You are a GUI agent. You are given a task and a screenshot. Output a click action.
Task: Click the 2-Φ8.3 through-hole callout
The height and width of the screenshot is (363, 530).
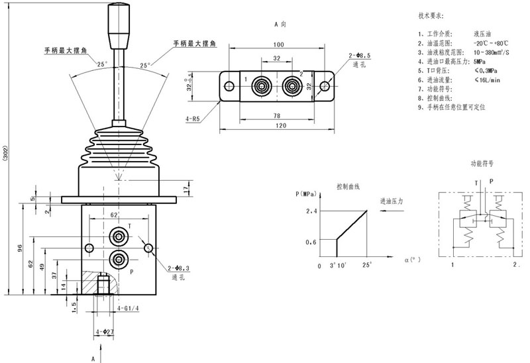point(179,268)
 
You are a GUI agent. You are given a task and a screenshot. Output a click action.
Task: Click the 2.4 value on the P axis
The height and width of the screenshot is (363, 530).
point(312,211)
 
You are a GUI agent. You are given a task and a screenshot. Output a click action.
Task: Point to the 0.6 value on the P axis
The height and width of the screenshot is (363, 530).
point(311,242)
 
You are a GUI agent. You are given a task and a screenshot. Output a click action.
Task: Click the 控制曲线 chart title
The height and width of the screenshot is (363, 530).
point(348,186)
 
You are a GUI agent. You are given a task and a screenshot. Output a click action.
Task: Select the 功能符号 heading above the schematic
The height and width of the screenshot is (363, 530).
point(483,162)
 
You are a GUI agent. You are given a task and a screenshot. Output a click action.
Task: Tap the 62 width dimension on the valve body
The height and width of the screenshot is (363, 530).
point(113,215)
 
